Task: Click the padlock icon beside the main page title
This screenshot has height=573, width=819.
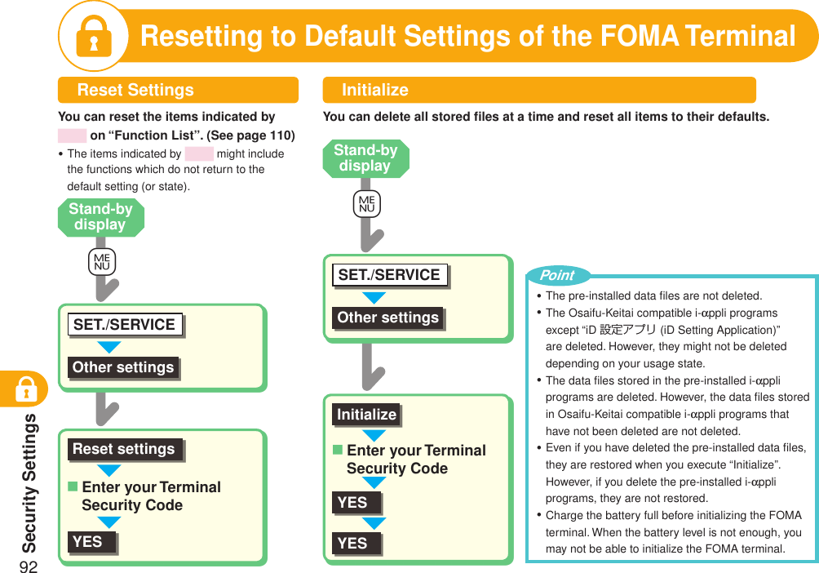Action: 93,37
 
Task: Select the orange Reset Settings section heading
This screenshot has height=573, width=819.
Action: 135,90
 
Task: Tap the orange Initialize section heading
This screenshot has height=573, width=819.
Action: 374,90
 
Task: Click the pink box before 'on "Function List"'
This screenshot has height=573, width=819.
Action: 72,135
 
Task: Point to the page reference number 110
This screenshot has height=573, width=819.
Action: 280,135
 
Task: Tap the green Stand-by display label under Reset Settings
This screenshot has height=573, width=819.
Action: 100,217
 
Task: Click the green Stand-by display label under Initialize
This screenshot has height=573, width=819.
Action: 365,158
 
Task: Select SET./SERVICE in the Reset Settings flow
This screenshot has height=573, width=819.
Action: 124,325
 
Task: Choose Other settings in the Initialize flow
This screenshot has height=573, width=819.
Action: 387,318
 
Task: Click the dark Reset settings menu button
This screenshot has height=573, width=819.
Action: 124,449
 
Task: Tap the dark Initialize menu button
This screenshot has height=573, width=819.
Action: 366,415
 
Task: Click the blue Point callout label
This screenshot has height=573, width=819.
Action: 557,275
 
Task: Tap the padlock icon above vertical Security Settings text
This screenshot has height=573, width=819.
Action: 26,391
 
